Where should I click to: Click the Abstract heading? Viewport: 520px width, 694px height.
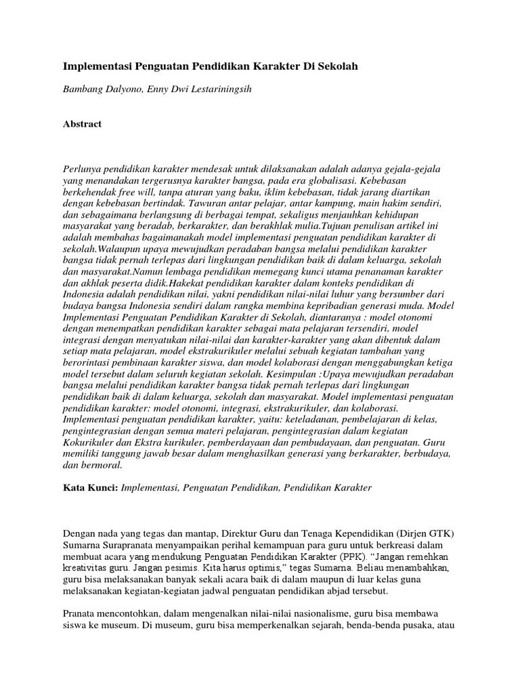click(82, 124)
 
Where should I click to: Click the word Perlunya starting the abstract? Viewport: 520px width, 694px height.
click(83, 167)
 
